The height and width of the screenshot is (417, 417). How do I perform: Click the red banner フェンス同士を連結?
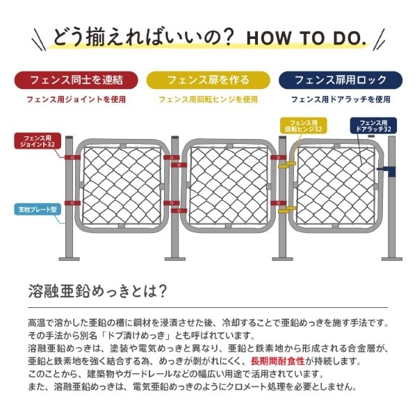[x=76, y=79]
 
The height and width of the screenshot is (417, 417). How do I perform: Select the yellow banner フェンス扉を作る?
[x=208, y=79]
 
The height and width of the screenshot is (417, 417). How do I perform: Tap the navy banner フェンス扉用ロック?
[x=341, y=79]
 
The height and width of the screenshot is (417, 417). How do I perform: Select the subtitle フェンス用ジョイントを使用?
[x=76, y=99]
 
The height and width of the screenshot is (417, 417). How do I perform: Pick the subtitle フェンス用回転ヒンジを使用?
[x=208, y=99]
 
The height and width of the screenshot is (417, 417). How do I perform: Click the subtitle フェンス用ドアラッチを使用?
[x=341, y=99]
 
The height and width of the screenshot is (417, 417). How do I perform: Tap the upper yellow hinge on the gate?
[x=284, y=167]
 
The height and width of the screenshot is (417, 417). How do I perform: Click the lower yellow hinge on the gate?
[x=284, y=206]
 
